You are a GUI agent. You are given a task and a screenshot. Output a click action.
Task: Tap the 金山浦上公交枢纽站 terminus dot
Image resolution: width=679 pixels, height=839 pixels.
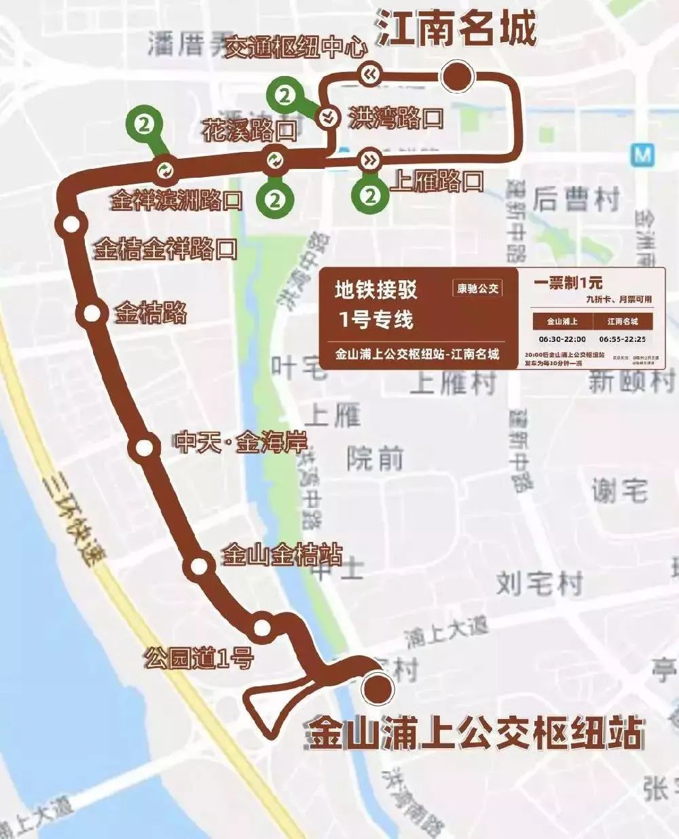click(x=378, y=688)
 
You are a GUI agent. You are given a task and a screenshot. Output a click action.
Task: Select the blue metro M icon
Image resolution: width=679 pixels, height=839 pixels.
click(x=642, y=155)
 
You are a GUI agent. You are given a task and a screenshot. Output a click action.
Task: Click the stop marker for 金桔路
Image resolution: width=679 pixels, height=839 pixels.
click(x=92, y=313)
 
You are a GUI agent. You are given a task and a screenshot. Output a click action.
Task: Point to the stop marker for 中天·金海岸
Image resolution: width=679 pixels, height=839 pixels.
click(x=144, y=447)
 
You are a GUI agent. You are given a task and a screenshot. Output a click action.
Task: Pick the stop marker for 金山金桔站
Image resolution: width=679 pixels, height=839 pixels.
click(x=199, y=565)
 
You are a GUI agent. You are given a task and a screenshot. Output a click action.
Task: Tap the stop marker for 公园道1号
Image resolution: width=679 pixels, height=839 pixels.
click(x=262, y=627)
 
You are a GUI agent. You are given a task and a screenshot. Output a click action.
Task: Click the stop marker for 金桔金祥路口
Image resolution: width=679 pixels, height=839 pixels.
click(x=71, y=225)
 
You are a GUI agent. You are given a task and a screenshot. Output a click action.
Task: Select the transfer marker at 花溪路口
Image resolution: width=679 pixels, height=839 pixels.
click(x=274, y=160)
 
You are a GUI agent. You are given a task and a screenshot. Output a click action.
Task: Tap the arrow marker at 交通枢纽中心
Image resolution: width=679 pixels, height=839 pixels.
click(x=370, y=74)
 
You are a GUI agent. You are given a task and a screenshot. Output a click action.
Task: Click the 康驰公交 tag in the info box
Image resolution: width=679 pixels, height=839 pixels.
click(x=477, y=288)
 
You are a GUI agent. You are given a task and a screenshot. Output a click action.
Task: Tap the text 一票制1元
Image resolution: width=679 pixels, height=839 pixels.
click(x=568, y=283)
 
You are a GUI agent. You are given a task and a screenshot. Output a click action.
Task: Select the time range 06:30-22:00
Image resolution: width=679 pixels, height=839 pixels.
click(x=562, y=339)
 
